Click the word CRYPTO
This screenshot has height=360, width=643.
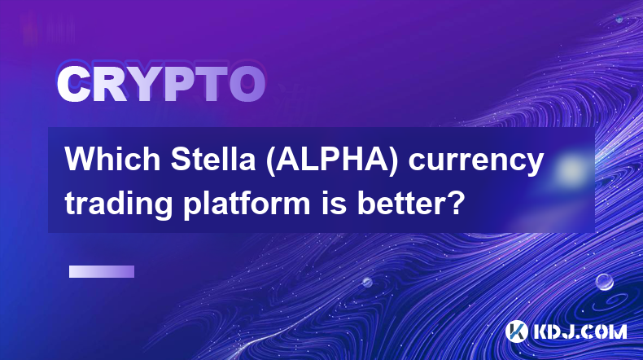161,85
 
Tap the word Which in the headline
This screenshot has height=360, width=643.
112,160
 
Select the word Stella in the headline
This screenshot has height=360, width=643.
212,160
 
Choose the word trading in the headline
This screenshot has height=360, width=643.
119,203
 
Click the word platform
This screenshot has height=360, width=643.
247,203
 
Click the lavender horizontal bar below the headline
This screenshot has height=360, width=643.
102,272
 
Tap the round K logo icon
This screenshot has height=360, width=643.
516,331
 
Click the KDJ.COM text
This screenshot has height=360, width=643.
580,331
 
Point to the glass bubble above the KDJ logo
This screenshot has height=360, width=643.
605,282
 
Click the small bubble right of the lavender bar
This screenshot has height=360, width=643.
367,282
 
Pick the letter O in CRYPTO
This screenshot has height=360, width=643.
247,85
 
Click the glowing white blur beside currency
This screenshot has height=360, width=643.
570,169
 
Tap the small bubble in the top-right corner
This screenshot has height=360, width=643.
619,19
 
